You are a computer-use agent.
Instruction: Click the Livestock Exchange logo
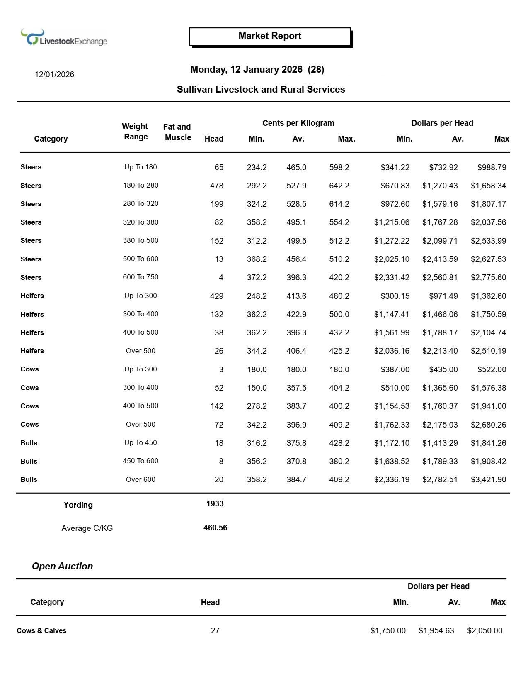coord(64,38)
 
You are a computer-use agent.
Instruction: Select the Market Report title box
coord(270,36)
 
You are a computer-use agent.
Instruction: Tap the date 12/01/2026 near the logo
coord(54,75)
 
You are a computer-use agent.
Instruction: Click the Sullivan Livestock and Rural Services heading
coord(261,89)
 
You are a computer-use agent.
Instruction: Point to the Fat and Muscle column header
coord(177,132)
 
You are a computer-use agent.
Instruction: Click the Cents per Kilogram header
coord(298,123)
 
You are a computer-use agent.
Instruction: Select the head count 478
coord(216,186)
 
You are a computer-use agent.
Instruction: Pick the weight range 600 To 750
coord(140,277)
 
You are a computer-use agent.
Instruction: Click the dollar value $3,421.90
coord(488,479)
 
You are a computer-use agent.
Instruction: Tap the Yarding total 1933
coord(215,504)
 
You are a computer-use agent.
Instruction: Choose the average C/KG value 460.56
coord(215,528)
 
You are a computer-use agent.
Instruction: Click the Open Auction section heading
coord(62,566)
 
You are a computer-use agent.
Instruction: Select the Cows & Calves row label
coord(41,630)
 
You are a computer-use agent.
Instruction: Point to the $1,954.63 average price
coord(436,631)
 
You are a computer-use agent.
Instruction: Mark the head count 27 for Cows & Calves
coord(215,631)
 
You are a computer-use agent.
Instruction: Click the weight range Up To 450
coord(140,442)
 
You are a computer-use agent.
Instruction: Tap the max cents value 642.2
coord(339,186)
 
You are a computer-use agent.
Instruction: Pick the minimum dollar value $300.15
coord(395,296)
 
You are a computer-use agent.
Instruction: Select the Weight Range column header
coord(135,132)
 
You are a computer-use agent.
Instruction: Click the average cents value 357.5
coord(296,388)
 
